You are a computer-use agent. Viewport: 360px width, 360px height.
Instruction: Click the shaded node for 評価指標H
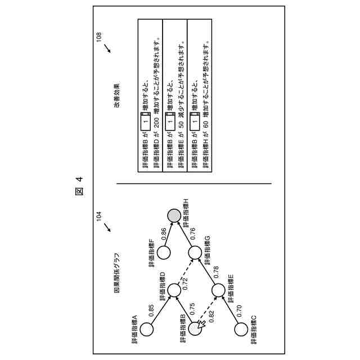pos(174,215)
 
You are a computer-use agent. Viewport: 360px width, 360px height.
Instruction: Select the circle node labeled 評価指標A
pos(147,330)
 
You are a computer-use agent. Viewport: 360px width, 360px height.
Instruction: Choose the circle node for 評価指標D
pos(174,291)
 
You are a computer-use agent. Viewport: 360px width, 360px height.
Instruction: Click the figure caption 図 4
pos(79,186)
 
